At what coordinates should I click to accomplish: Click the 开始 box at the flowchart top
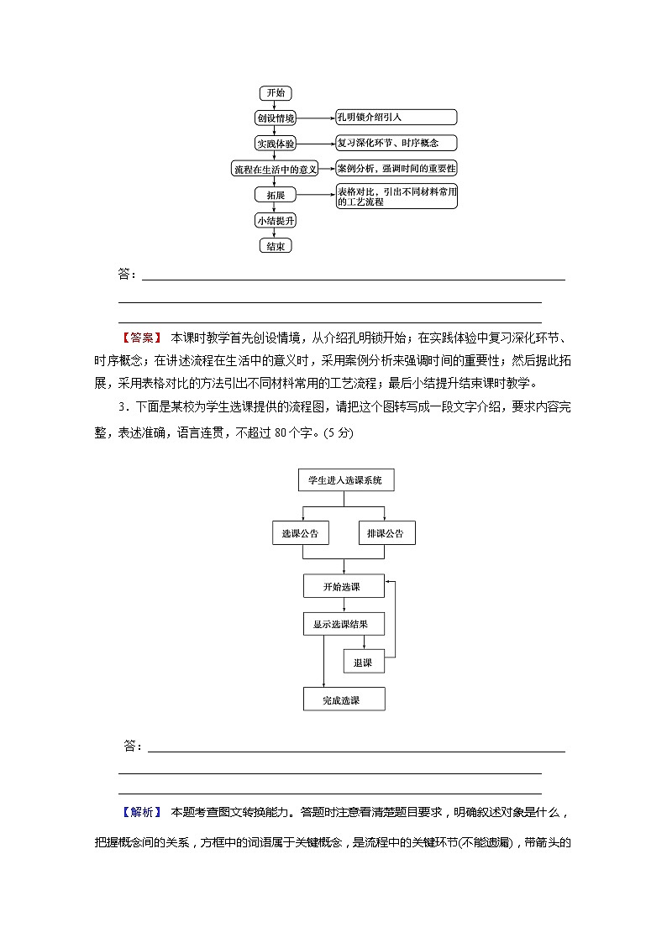(x=276, y=93)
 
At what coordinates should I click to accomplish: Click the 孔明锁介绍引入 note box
(x=396, y=118)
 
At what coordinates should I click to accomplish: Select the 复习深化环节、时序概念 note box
(x=396, y=143)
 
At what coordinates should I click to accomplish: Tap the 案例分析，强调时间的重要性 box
(x=396, y=167)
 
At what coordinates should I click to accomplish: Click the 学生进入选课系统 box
(x=344, y=480)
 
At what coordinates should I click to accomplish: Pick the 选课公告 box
(x=300, y=533)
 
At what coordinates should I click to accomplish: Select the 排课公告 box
(x=386, y=533)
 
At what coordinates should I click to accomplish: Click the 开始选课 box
(x=343, y=586)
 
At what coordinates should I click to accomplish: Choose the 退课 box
(x=363, y=662)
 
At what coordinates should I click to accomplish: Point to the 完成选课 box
(x=343, y=699)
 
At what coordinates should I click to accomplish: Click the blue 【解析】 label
(x=142, y=812)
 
